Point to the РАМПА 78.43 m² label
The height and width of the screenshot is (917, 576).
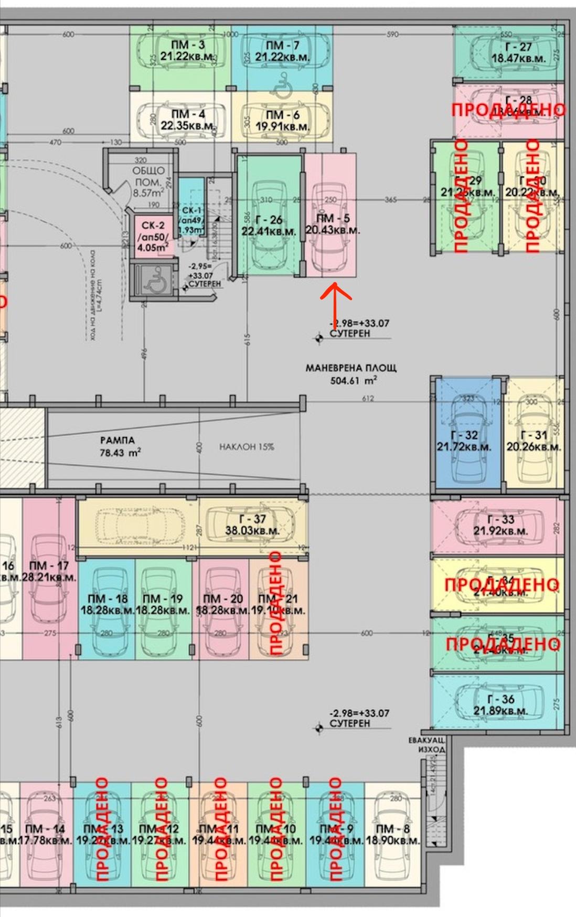[118, 446]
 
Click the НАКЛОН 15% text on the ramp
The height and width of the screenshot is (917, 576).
[247, 447]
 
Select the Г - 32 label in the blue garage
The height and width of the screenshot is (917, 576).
[464, 441]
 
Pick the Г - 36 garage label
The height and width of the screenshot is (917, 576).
[500, 705]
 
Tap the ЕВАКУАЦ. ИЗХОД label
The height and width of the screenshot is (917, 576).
[427, 744]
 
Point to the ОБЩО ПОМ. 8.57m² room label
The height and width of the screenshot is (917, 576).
[148, 182]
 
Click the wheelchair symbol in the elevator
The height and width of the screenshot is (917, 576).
[154, 283]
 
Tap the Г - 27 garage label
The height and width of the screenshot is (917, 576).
[518, 52]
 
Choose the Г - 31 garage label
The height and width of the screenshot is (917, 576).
[534, 441]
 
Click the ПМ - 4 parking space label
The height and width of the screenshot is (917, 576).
[188, 120]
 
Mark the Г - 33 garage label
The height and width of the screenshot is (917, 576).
[500, 525]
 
